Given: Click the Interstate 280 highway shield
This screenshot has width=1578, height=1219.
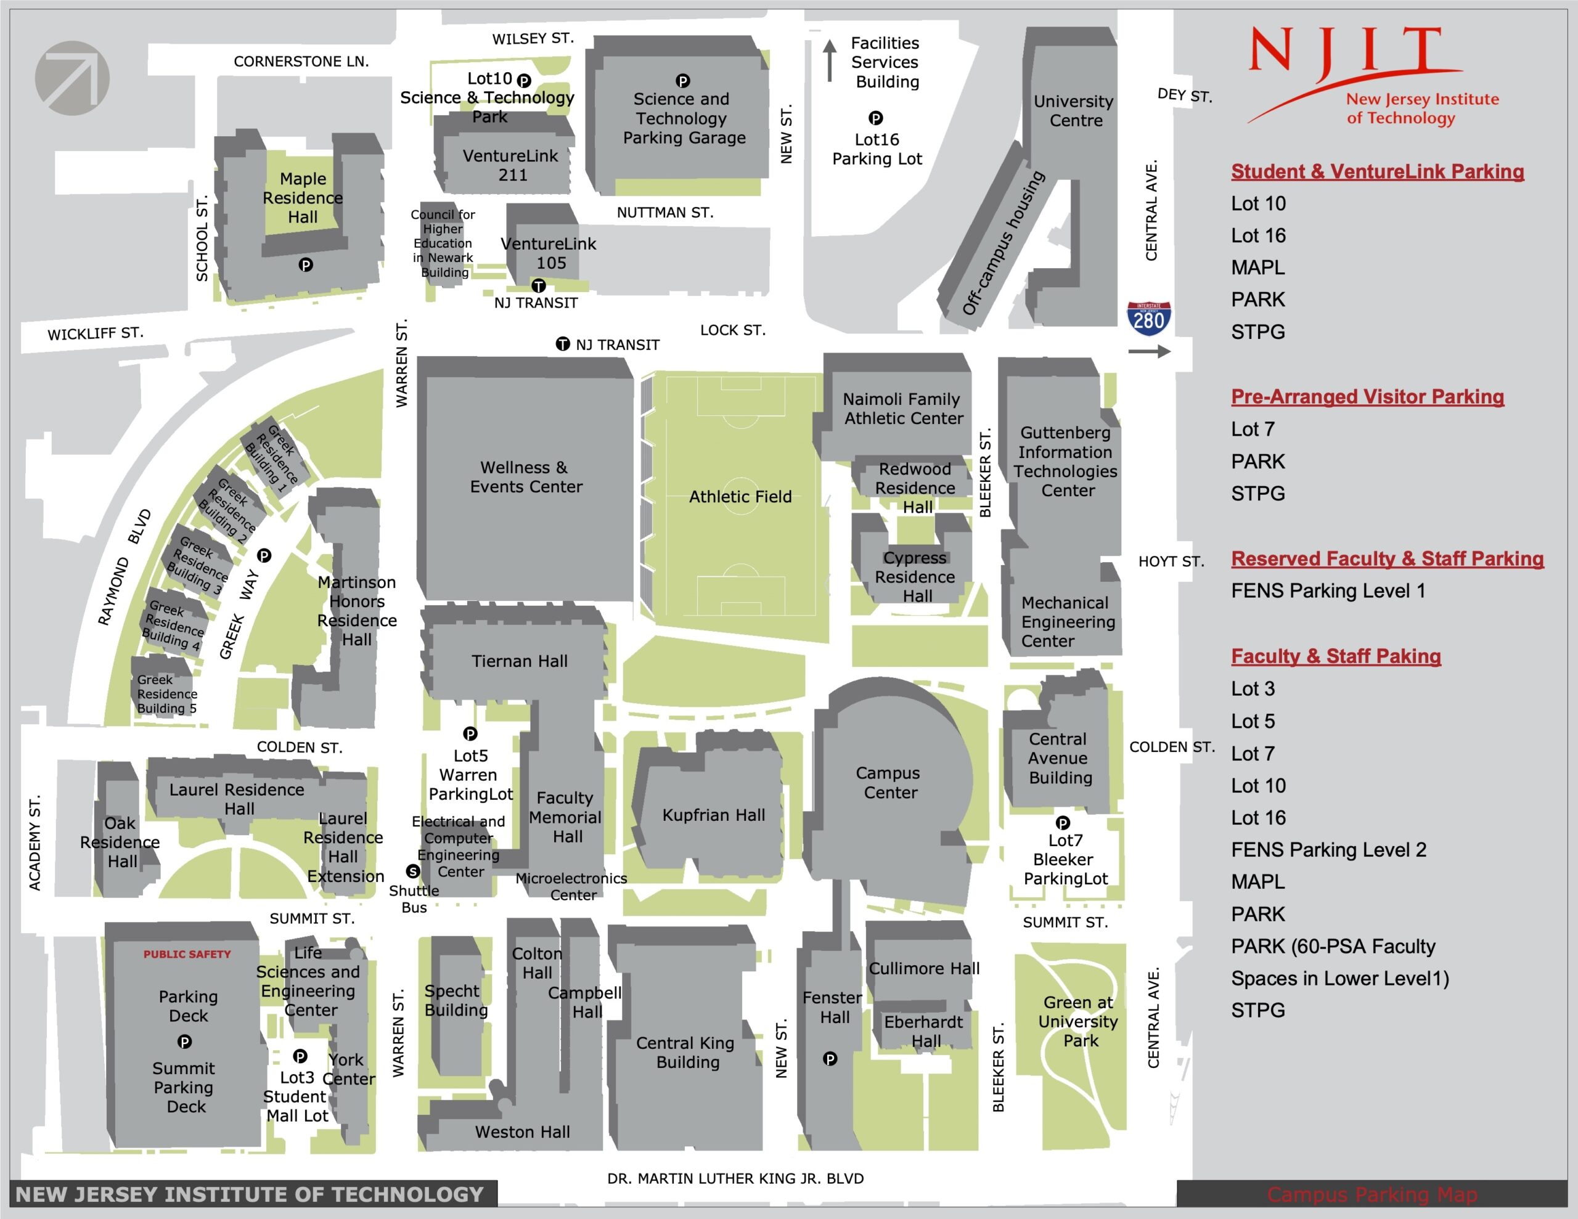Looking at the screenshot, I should click(1149, 319).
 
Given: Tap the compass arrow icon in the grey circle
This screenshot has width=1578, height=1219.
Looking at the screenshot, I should click(72, 78).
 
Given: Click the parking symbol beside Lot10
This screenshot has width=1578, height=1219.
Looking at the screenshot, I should click(524, 80).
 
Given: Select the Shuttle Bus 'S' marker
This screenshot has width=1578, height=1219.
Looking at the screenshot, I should click(412, 871).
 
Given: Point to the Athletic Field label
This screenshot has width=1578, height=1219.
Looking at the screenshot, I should click(740, 497).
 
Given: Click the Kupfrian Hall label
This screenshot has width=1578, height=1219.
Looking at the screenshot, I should click(713, 815).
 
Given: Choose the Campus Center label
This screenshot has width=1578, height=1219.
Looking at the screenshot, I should click(889, 783).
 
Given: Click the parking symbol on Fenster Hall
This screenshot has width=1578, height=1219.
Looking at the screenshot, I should click(830, 1059).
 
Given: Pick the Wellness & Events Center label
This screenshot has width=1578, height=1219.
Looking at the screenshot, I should click(526, 477).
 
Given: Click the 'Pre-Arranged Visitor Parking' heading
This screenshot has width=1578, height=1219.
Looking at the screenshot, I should click(1367, 396).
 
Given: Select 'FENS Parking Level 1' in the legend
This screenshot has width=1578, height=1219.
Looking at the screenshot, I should click(1328, 590).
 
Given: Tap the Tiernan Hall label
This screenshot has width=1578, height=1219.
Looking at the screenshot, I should click(520, 661).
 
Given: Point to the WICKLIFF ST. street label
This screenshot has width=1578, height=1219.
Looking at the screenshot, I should click(96, 333).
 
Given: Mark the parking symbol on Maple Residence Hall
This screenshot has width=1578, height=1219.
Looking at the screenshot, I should click(306, 265).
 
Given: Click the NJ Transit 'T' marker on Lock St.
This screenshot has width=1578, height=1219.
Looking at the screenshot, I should click(563, 344).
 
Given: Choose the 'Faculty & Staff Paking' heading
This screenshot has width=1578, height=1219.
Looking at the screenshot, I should click(1336, 656).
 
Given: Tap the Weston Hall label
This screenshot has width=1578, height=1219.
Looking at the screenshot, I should click(522, 1131).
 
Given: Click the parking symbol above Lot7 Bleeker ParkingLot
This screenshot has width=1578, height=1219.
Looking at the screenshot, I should click(1062, 822).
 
